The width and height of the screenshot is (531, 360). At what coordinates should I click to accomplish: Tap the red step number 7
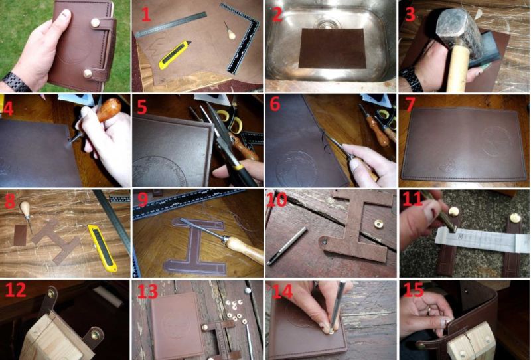410,104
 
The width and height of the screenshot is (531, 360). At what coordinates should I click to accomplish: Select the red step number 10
277,199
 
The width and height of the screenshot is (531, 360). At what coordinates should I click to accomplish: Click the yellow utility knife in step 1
175,54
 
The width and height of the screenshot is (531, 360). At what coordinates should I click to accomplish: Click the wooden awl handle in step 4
109,110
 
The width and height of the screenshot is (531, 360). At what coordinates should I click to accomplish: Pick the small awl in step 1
230,31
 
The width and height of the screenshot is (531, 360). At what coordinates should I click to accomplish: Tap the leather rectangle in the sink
332,48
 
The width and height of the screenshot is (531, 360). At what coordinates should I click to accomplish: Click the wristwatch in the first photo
17,82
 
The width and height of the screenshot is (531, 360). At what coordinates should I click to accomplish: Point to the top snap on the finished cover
95,23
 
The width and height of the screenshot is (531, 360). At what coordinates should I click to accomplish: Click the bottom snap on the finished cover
88,74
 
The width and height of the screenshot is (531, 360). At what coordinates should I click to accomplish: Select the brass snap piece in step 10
378,224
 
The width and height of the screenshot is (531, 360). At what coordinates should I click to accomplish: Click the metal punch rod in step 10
287,246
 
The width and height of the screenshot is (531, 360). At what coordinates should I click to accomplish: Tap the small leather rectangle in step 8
21,235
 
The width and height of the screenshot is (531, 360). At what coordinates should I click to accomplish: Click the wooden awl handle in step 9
245,250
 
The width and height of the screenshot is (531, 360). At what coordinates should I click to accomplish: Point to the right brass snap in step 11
515,218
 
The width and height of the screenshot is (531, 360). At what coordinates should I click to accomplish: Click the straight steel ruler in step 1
171,25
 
